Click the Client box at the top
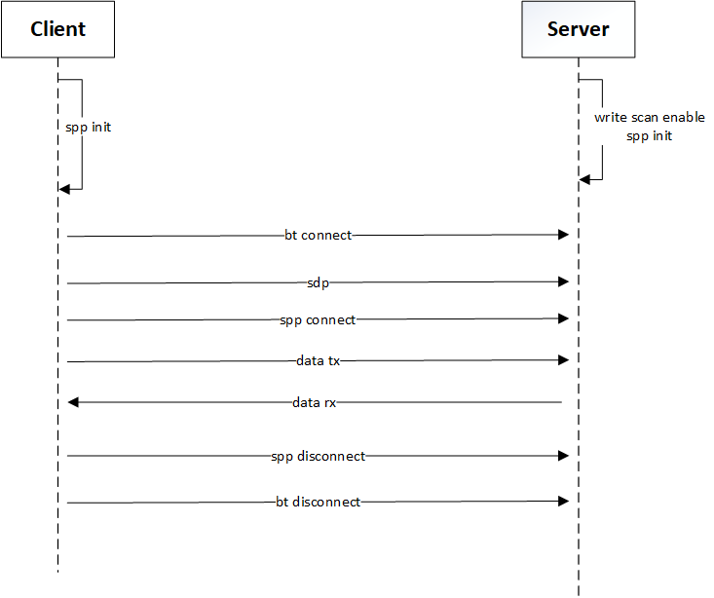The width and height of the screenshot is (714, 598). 57,29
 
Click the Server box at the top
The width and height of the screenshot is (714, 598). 578,29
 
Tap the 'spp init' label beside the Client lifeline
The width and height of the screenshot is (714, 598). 88,127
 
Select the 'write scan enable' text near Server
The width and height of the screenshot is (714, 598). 649,117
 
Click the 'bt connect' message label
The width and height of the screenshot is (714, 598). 318,235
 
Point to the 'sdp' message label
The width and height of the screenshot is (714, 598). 318,282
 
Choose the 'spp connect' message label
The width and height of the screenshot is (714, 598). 318,319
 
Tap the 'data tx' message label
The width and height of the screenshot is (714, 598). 318,360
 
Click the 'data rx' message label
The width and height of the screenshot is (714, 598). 315,401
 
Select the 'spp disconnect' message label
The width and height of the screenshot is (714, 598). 318,456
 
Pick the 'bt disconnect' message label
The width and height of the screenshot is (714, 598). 318,502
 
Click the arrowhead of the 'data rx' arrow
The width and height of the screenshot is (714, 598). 73,401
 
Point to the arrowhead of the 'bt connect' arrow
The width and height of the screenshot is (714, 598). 562,235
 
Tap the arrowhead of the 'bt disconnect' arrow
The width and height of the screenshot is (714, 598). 562,502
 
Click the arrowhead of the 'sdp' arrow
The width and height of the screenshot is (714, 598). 562,282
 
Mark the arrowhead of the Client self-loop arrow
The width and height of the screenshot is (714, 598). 64,189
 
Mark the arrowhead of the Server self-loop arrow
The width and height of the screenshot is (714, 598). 584,179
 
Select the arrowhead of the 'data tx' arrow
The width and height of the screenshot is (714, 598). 562,360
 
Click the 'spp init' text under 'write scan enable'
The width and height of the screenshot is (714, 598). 649,136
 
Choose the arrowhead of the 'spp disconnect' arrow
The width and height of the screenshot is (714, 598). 562,456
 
